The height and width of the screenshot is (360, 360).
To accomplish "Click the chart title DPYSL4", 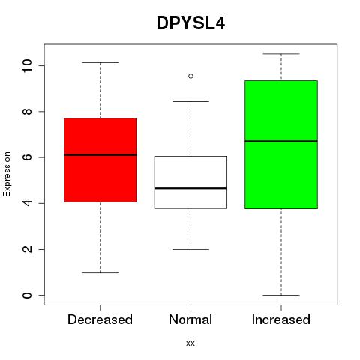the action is [x=190, y=23].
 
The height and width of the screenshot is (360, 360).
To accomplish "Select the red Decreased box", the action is [x=100, y=160].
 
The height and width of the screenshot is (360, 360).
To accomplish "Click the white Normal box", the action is [x=190, y=182].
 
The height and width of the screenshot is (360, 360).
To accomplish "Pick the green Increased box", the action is [x=281, y=145].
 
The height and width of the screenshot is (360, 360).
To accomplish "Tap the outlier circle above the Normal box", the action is [x=190, y=76].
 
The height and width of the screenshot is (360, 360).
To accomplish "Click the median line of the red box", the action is [x=100, y=155].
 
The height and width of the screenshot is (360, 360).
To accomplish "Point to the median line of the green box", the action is [x=281, y=141].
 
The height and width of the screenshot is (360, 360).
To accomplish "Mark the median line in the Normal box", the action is [x=190, y=188].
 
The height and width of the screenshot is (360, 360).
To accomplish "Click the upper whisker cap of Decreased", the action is [x=100, y=62].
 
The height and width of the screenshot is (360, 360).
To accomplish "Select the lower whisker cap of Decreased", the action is [x=100, y=272].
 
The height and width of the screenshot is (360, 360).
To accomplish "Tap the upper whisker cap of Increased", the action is [x=281, y=54].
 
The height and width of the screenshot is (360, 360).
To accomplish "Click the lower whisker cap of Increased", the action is [x=281, y=295].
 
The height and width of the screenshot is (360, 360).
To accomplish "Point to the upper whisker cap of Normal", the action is [x=190, y=101].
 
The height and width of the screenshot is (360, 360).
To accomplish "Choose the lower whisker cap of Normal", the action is [x=190, y=249].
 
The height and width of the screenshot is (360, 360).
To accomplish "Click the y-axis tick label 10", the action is [x=27, y=66].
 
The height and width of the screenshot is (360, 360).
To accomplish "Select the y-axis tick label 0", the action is [x=27, y=295].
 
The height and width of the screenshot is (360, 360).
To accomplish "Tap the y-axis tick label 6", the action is [x=27, y=157].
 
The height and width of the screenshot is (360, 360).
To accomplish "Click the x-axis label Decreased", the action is [x=100, y=319].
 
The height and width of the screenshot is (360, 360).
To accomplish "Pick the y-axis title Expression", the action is [x=7, y=174].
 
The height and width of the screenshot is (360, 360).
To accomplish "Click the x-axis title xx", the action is [x=190, y=343].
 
